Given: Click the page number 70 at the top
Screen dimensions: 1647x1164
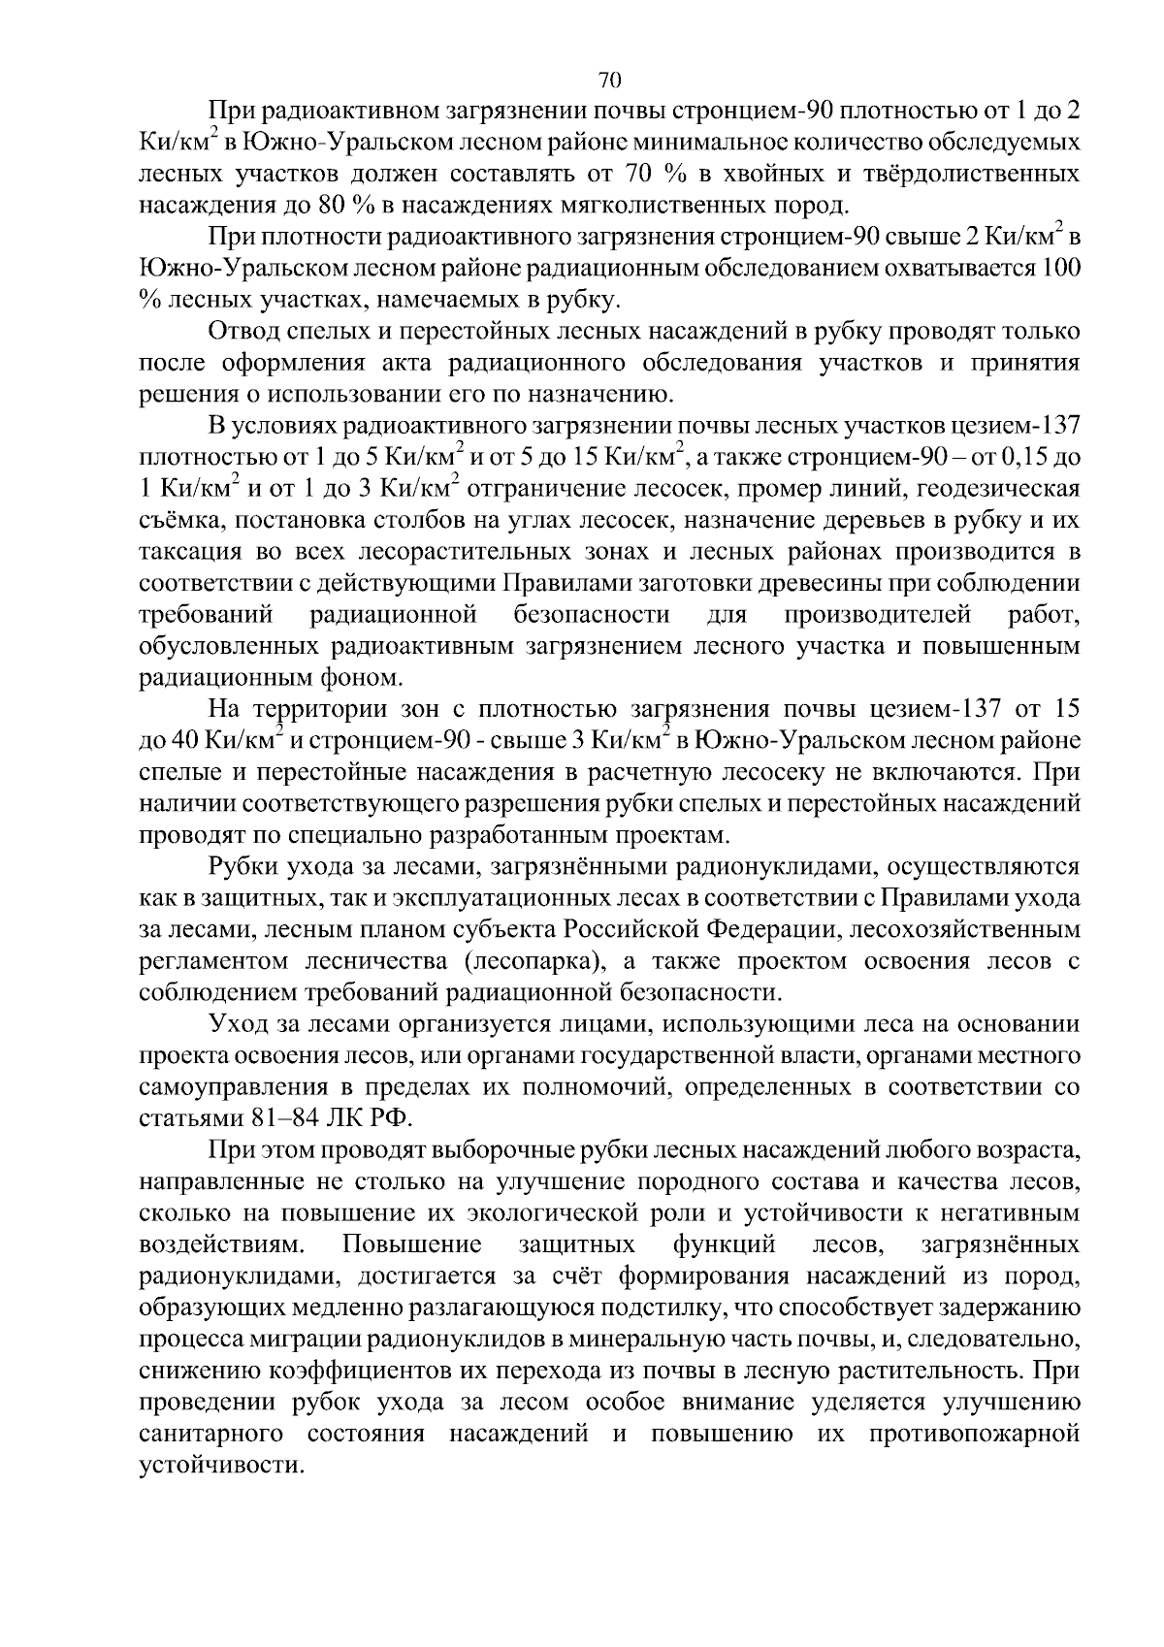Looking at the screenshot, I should coord(609,80).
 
